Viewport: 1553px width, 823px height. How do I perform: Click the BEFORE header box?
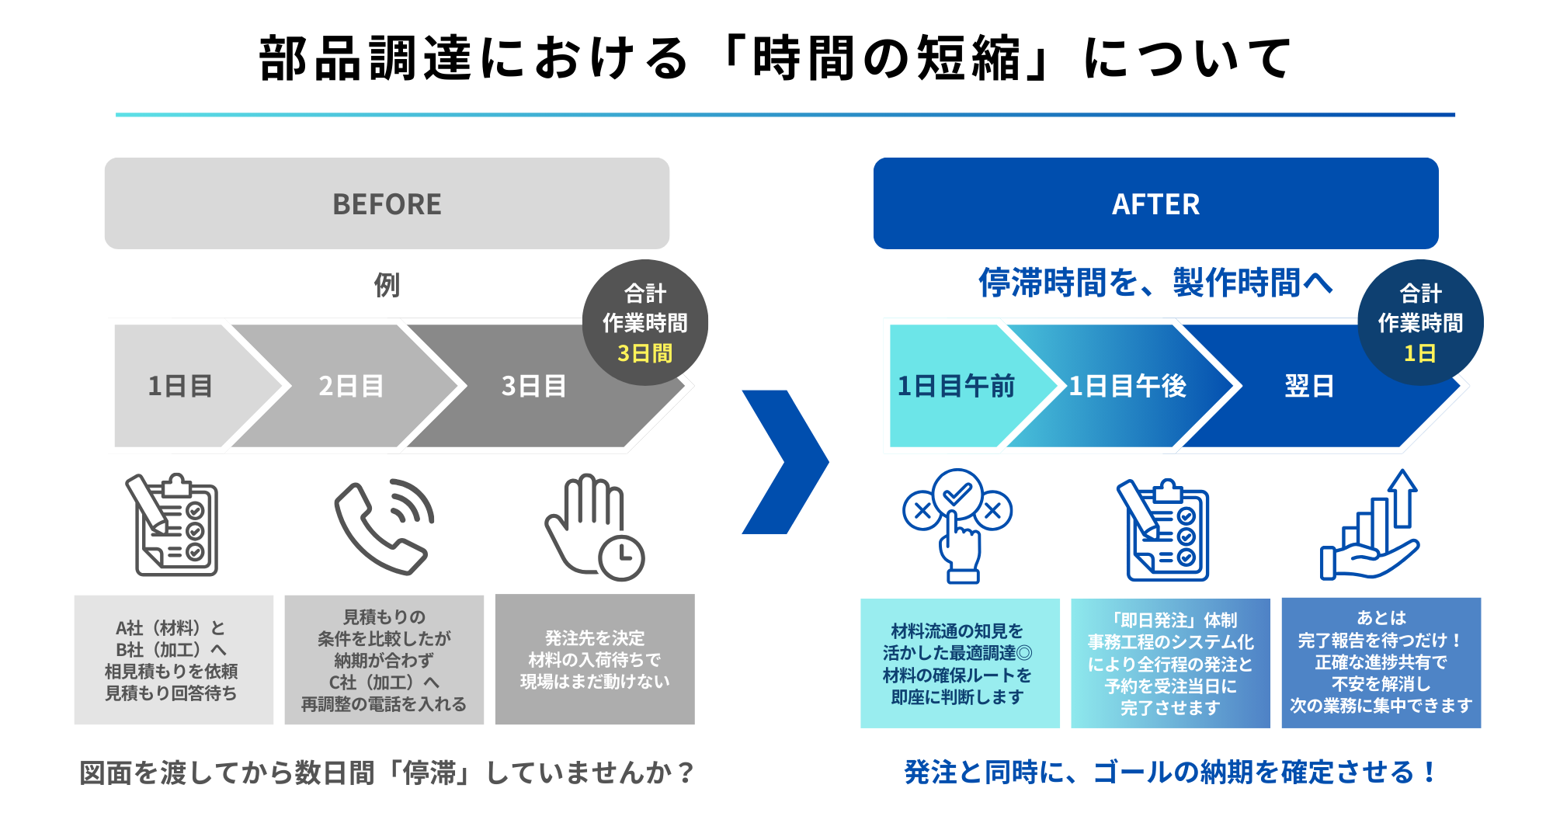click(x=387, y=203)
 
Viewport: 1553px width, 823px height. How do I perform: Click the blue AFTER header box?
click(x=1155, y=203)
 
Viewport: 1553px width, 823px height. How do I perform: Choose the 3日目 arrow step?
click(x=533, y=386)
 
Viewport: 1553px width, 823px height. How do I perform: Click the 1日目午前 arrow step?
click(x=956, y=386)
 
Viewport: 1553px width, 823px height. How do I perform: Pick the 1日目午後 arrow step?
click(x=1127, y=386)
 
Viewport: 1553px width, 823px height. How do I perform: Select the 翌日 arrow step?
click(x=1309, y=386)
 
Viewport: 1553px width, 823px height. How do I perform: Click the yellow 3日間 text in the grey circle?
click(x=644, y=354)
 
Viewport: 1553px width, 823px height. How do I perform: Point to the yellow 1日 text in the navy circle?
click(x=1419, y=354)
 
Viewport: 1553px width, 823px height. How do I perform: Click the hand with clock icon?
click(x=594, y=528)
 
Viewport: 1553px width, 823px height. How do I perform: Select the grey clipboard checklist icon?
click(x=173, y=525)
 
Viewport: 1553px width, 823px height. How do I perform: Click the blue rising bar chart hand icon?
click(x=1371, y=526)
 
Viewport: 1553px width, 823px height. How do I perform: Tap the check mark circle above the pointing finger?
click(x=957, y=492)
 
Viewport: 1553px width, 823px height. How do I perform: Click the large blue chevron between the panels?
click(x=784, y=462)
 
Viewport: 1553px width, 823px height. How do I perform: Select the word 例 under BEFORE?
click(x=387, y=285)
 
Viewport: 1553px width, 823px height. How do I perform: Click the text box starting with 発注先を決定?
click(x=595, y=659)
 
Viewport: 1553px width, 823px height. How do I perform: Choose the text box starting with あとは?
click(x=1381, y=662)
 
